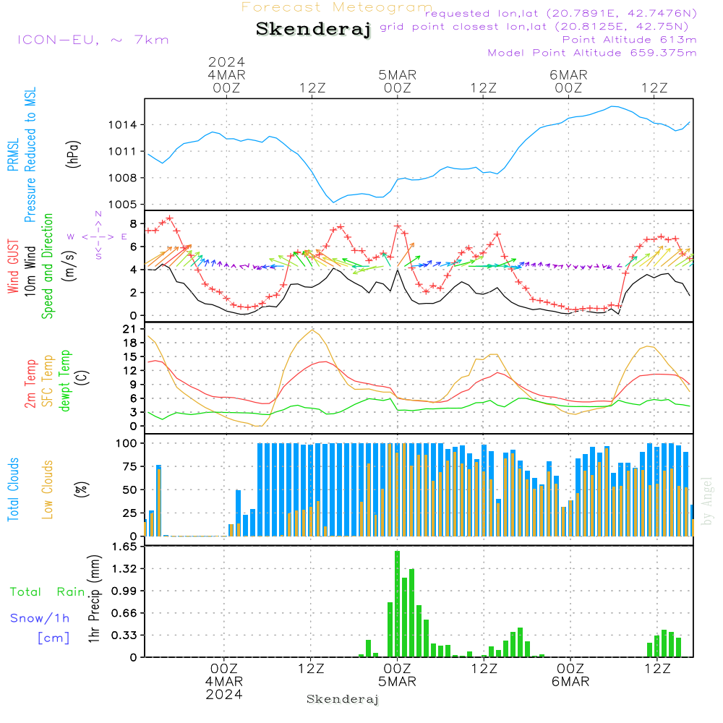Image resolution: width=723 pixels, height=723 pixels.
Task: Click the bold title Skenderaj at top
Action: click(x=313, y=30)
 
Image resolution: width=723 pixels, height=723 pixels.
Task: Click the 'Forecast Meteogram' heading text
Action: click(x=336, y=7)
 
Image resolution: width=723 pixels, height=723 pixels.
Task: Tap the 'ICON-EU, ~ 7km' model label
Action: click(x=93, y=40)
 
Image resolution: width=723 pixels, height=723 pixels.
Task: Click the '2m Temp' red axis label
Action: click(x=30, y=382)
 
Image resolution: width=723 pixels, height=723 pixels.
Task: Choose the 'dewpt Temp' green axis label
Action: click(x=65, y=381)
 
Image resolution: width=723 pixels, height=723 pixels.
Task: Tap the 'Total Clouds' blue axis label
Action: click(x=13, y=489)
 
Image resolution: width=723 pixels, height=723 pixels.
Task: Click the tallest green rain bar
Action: click(x=397, y=604)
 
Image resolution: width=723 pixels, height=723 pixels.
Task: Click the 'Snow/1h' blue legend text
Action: click(x=40, y=618)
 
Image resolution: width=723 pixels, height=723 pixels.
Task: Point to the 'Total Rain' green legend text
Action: click(x=47, y=592)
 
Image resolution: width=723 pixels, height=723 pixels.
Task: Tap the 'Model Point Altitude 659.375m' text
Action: click(x=591, y=53)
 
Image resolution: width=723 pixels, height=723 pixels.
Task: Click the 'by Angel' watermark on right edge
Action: click(x=707, y=500)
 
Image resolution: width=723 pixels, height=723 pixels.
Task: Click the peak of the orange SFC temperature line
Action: click(x=312, y=330)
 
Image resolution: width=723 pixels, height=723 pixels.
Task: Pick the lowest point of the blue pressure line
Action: click(x=334, y=202)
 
